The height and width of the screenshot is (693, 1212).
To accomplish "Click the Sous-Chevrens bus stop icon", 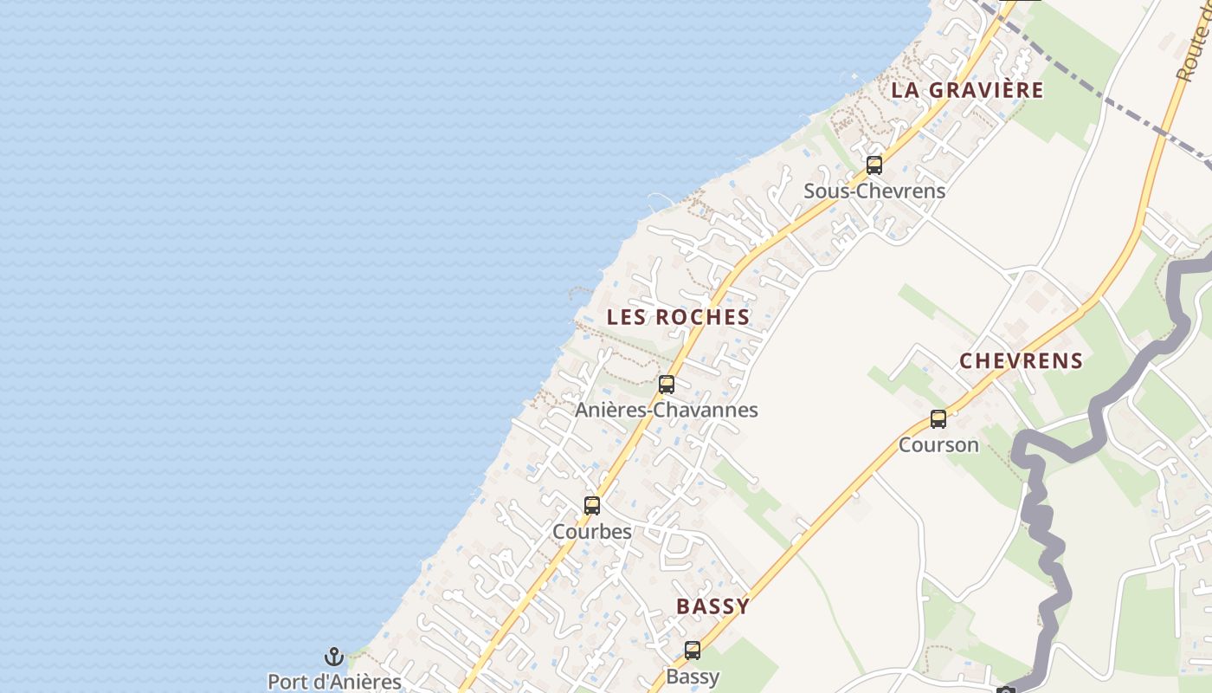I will (874, 165).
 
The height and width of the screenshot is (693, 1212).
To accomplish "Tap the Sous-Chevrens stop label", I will (874, 191).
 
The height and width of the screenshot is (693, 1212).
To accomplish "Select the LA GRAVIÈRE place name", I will (967, 90).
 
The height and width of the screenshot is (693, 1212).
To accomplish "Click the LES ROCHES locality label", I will (678, 317).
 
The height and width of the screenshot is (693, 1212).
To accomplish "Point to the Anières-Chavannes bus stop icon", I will (667, 385).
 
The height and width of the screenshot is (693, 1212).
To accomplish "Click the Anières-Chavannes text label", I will (667, 410).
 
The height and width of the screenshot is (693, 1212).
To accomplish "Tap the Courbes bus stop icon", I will (592, 505).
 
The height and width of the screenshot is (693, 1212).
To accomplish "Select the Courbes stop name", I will (592, 531).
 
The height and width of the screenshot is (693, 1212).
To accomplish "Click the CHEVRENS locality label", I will (1021, 361).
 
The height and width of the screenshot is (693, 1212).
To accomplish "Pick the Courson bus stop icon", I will (938, 419).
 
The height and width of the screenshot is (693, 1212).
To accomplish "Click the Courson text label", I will (938, 445).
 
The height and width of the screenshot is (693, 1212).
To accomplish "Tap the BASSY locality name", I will (712, 606).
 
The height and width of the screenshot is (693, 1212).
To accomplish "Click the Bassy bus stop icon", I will (693, 650).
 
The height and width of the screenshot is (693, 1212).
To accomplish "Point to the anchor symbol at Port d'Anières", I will (334, 657).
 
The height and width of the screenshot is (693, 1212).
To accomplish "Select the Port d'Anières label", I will (334, 682).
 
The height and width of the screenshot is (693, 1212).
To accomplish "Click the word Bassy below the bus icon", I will (693, 676).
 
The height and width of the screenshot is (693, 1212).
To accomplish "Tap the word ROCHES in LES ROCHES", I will (702, 317).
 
